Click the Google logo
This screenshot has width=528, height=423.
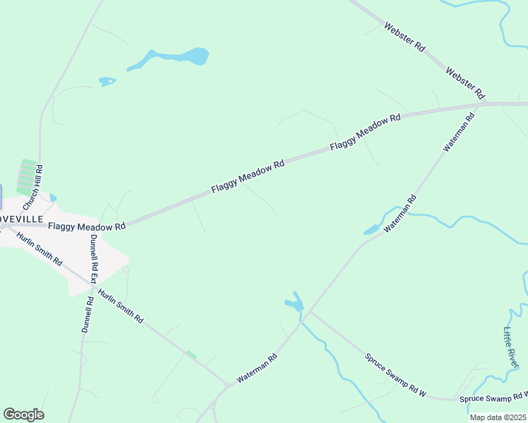pos(23,415)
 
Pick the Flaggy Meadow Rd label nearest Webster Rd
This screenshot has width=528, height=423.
pos(365,132)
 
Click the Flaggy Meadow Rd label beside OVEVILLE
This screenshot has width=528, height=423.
pos(87,226)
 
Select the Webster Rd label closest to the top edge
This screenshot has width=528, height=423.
pos(404,37)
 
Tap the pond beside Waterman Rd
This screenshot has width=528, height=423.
pos(371,229)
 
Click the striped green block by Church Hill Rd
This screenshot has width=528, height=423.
pos(27,176)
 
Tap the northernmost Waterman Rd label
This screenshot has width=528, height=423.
pos(459,132)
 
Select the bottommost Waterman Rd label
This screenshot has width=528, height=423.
pos(257,368)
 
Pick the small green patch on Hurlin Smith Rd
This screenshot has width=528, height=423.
pos(191,355)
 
